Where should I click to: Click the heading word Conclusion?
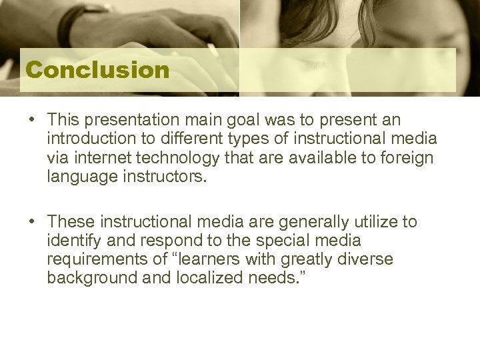[97, 70]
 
